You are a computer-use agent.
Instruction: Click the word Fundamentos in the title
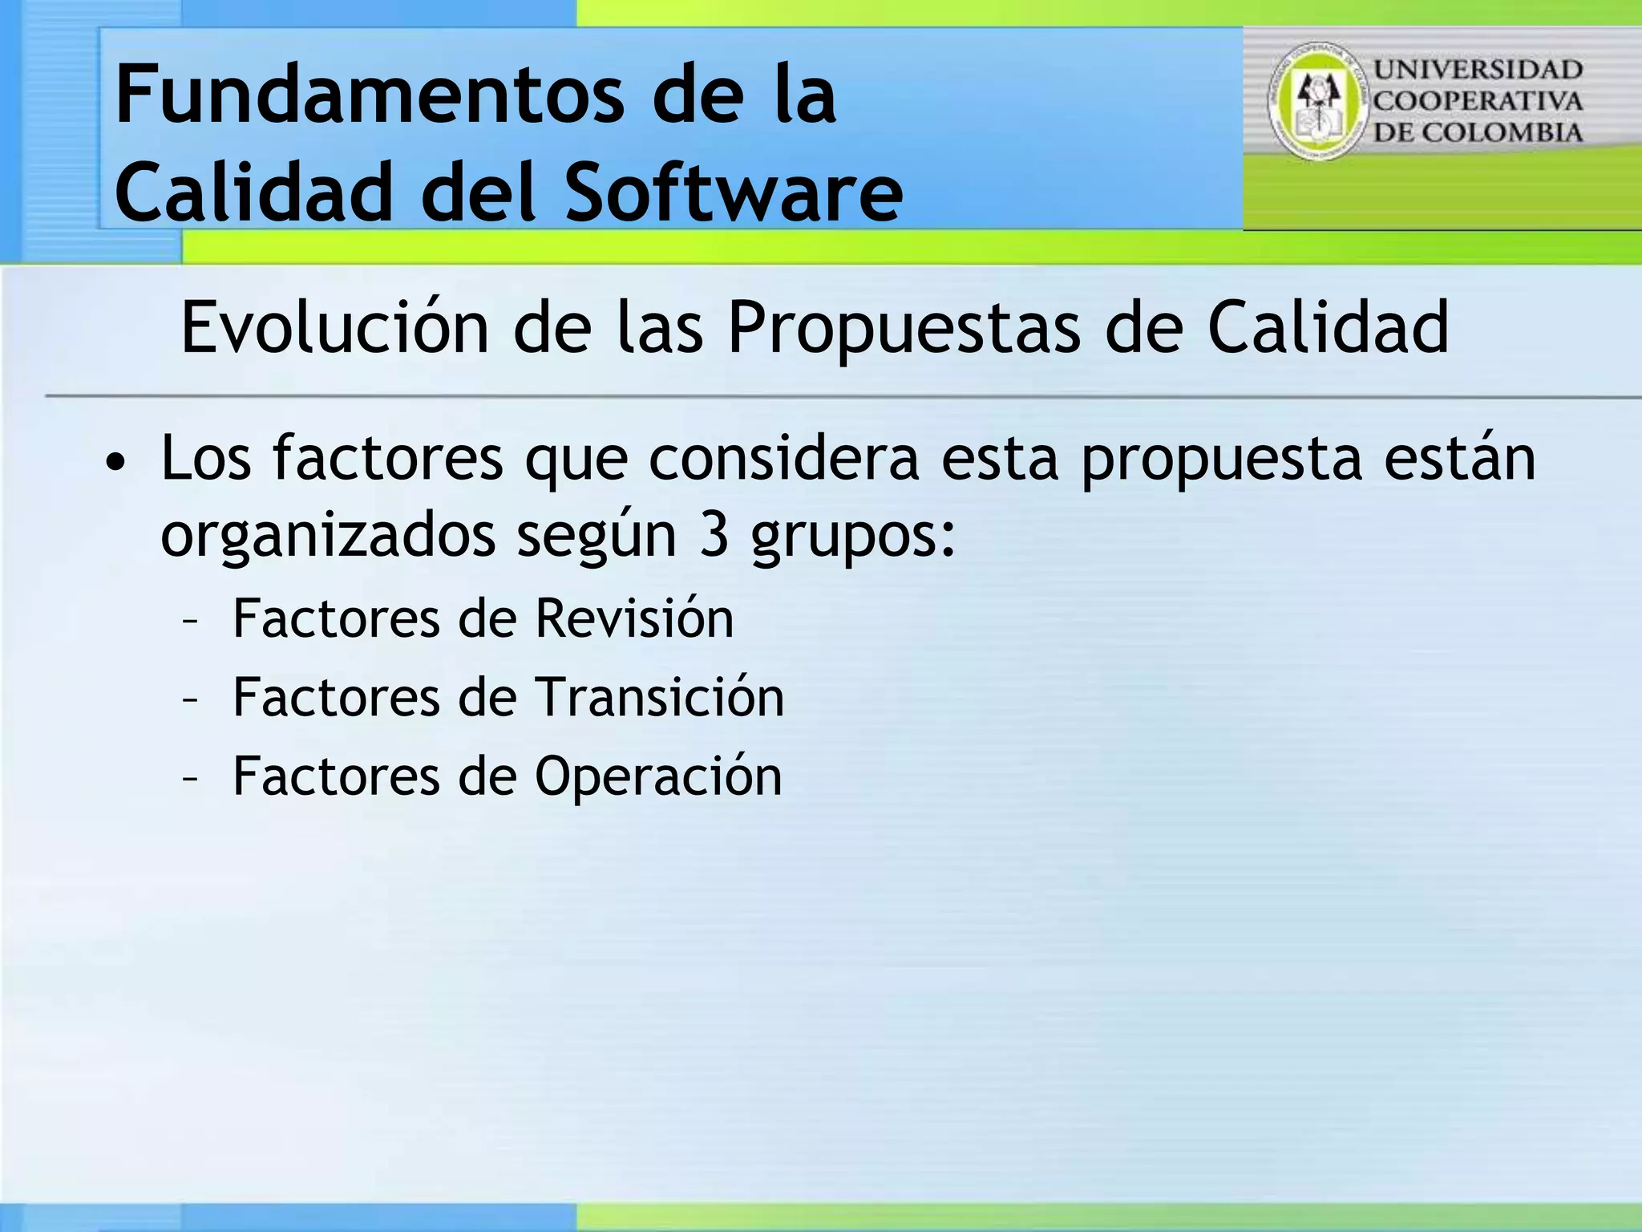tap(369, 96)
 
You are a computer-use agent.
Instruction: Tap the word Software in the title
tap(734, 192)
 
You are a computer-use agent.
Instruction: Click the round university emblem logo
tap(1316, 101)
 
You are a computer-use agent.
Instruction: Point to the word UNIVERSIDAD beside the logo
tap(1478, 70)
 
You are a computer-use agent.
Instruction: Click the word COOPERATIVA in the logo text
tap(1478, 101)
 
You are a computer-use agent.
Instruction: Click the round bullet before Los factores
tap(116, 463)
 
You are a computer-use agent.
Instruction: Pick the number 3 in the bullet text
tap(714, 536)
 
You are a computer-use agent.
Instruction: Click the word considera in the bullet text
tap(783, 459)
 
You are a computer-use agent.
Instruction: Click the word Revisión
tap(633, 619)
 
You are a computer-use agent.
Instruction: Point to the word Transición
tap(659, 697)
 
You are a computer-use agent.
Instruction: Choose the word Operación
tap(657, 776)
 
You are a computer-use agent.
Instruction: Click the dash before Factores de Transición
tap(190, 699)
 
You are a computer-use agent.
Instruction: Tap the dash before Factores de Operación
tap(190, 777)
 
